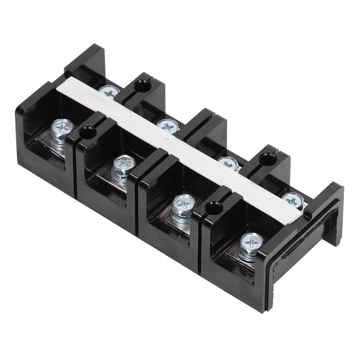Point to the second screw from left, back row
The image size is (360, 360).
tap(168, 126)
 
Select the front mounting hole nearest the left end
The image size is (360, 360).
tap(88, 133)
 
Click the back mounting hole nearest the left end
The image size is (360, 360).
tap(142, 86)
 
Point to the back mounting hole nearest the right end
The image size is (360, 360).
tap(268, 159)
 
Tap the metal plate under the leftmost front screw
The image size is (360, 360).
tap(53, 148)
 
